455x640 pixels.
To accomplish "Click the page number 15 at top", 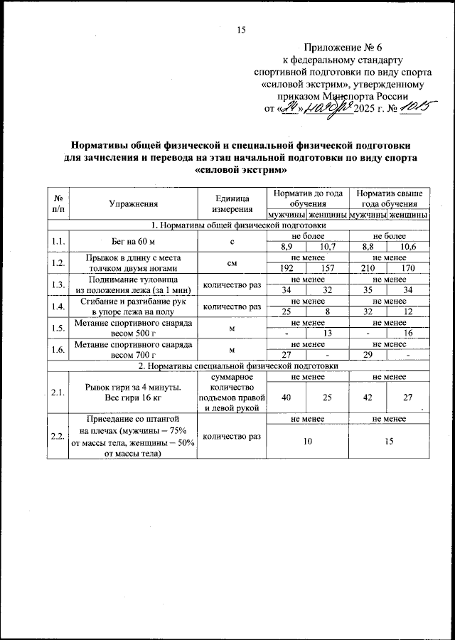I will click(x=240, y=29).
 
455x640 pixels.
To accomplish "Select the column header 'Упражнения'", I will click(x=134, y=204).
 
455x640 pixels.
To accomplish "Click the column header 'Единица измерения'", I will click(x=231, y=204).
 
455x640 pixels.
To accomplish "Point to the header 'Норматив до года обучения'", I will click(x=307, y=198).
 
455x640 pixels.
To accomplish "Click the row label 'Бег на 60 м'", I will click(x=134, y=240).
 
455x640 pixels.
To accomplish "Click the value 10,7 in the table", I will click(x=328, y=246).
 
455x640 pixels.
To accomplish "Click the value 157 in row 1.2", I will click(x=328, y=270).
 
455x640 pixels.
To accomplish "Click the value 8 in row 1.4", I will click(x=328, y=311).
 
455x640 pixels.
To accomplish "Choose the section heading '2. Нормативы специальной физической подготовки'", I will click(x=237, y=366).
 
